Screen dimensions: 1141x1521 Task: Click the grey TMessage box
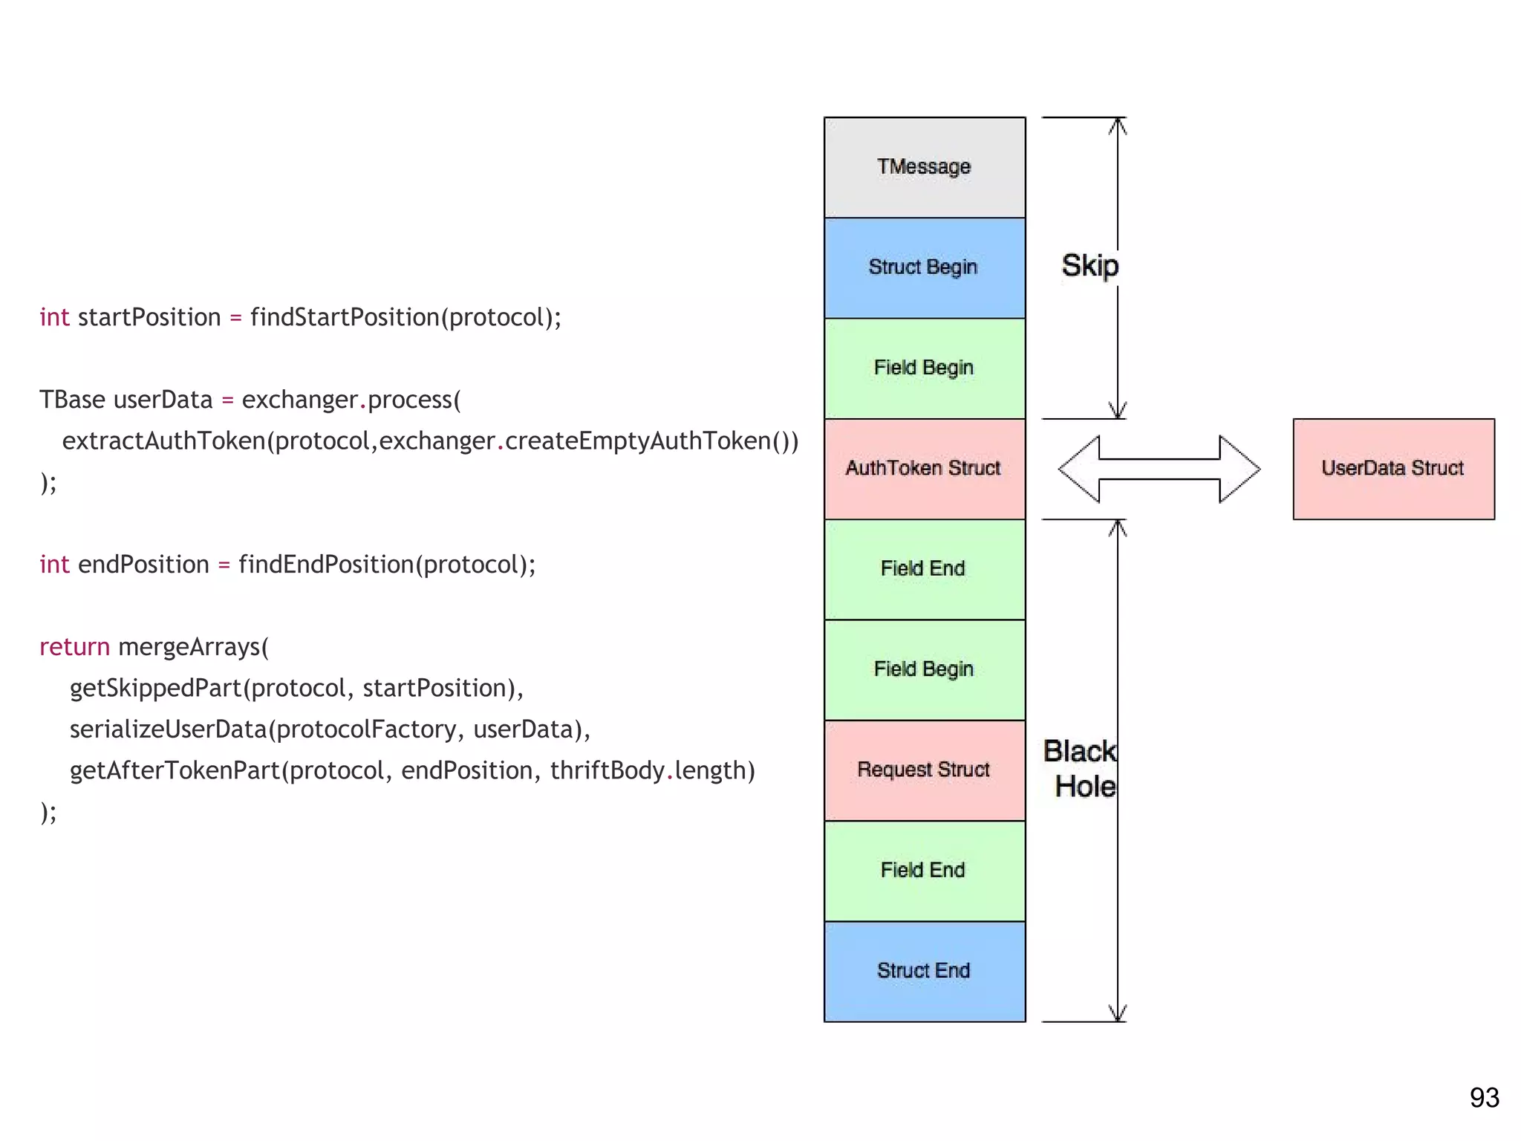924,167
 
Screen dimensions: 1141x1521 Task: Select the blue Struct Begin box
924,267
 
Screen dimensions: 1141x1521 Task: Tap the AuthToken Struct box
924,468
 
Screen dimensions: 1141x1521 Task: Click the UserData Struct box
1393,468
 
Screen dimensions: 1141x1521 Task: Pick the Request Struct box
924,770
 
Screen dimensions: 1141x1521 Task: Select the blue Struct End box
924,971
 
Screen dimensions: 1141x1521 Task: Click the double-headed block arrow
1159,469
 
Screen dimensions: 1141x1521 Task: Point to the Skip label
1090,266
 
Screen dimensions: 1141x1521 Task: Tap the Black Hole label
1081,769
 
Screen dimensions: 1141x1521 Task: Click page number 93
1484,1098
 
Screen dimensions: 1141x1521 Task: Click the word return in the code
74,647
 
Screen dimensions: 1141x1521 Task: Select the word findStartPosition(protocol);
406,317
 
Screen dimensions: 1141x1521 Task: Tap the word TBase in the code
72,400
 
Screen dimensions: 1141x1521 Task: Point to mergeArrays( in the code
193,647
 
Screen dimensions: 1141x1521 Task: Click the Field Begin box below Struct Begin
924,368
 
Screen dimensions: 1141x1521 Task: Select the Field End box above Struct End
924,870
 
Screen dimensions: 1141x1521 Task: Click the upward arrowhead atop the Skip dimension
1118,126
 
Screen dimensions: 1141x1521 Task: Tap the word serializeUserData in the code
168,729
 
